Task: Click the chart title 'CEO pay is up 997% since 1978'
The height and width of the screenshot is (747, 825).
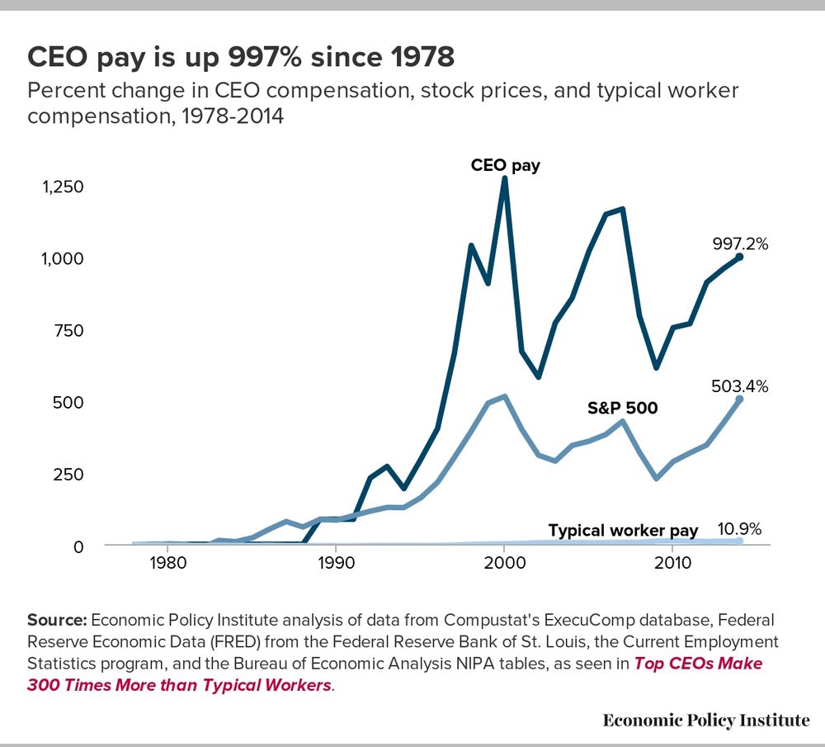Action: (241, 57)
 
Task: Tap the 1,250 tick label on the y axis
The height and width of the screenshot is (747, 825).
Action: (63, 187)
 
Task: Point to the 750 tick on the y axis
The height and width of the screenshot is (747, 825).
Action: (71, 330)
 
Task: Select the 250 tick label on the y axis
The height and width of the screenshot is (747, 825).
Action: (71, 474)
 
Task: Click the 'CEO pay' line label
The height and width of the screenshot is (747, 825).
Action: (505, 165)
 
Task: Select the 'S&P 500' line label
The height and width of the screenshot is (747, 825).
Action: (622, 407)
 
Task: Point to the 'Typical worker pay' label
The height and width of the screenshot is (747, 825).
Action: (623, 530)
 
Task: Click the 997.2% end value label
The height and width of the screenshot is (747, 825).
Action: (740, 243)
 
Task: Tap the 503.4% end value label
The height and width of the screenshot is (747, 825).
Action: (740, 385)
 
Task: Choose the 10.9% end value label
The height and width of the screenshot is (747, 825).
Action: (739, 528)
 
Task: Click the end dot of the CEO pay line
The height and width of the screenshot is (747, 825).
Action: (739, 257)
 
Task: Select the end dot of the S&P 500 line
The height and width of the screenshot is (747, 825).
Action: (739, 400)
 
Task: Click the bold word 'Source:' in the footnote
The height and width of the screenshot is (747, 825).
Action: (58, 620)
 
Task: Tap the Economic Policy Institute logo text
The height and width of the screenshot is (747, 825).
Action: (706, 720)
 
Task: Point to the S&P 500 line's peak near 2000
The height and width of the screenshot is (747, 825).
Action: (504, 396)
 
